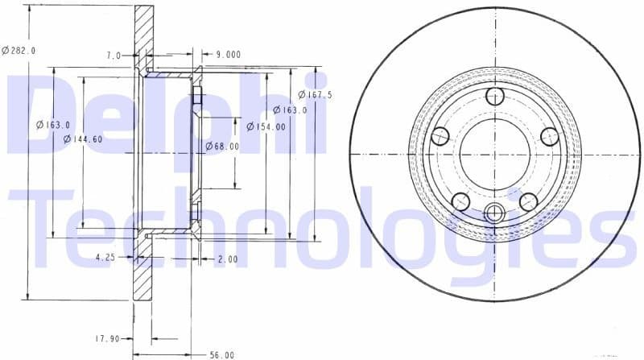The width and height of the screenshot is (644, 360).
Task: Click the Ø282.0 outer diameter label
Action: pos(19,50)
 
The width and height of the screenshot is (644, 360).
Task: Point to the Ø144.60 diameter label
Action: pos(82,139)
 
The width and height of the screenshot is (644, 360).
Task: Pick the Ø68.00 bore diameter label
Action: pos(222,147)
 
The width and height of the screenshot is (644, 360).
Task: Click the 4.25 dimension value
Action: pos(105,258)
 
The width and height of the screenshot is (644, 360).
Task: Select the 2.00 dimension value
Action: pos(227,259)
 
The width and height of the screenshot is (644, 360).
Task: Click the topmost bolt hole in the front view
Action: pos(494,97)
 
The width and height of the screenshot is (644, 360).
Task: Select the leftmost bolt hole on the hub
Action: pos(440,136)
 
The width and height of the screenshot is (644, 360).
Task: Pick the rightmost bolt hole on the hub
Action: pos(549,136)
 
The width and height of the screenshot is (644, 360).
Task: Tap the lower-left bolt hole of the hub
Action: pos(460,201)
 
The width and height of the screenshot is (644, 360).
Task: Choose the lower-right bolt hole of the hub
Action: pos(528,201)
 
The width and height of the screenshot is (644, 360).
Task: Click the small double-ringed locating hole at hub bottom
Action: pos(494,213)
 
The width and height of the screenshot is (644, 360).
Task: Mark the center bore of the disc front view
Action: pos(494,154)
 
